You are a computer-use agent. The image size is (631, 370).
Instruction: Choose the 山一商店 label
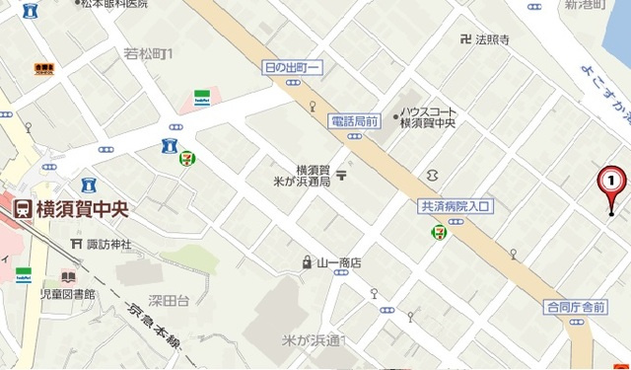tap(339, 263)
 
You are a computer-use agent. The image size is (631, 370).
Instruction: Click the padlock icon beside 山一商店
tap(307, 262)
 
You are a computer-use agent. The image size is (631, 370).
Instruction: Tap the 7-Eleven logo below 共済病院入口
tap(437, 231)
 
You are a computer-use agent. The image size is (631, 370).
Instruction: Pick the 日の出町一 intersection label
tap(293, 67)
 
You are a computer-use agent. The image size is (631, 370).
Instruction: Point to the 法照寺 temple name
tap(492, 40)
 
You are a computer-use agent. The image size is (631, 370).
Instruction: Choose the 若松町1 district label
tap(149, 52)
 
